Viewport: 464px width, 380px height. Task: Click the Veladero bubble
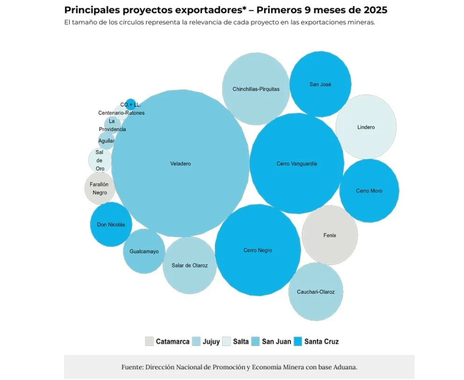(x=180, y=164)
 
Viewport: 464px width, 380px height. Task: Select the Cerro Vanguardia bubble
(x=297, y=164)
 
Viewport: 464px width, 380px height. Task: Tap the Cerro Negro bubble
(x=258, y=250)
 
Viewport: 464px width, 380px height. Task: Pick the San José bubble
(x=320, y=84)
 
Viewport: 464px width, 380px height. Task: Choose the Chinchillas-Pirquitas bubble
(x=256, y=89)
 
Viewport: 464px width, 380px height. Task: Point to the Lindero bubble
(x=366, y=127)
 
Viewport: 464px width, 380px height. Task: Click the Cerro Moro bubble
(x=369, y=191)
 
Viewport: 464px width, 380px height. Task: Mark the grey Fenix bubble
(x=330, y=235)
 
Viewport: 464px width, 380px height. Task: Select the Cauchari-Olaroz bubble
(x=316, y=292)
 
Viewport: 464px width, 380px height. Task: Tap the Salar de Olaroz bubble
(x=189, y=265)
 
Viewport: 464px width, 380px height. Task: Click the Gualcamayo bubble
(x=144, y=251)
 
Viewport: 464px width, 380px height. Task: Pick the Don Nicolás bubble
(x=111, y=224)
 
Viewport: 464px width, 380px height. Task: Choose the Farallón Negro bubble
(x=100, y=188)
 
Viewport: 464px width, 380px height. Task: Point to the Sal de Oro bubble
(x=100, y=160)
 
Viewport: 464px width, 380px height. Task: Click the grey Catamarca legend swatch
(x=149, y=341)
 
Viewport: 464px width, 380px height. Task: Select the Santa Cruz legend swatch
(x=297, y=341)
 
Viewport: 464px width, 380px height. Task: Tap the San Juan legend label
(x=276, y=342)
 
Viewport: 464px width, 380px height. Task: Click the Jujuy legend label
(x=211, y=342)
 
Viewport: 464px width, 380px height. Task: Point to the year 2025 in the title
(x=372, y=10)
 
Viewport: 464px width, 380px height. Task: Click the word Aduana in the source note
(x=347, y=367)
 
